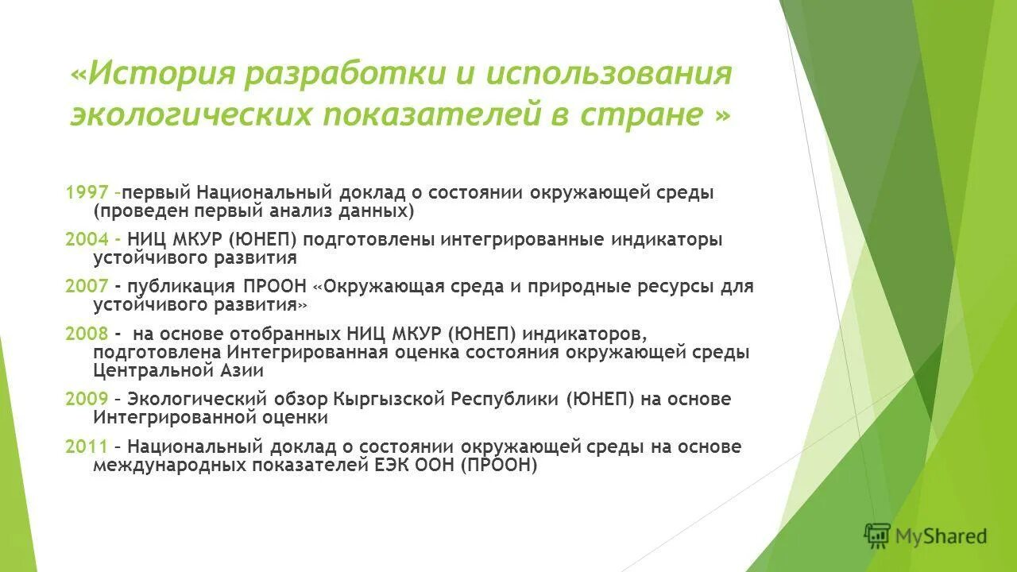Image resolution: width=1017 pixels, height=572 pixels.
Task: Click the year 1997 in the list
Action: pyautogui.click(x=87, y=193)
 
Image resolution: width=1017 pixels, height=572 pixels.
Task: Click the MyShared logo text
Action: pyautogui.click(x=941, y=536)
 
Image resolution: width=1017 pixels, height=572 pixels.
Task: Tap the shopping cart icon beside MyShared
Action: pyautogui.click(x=878, y=535)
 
